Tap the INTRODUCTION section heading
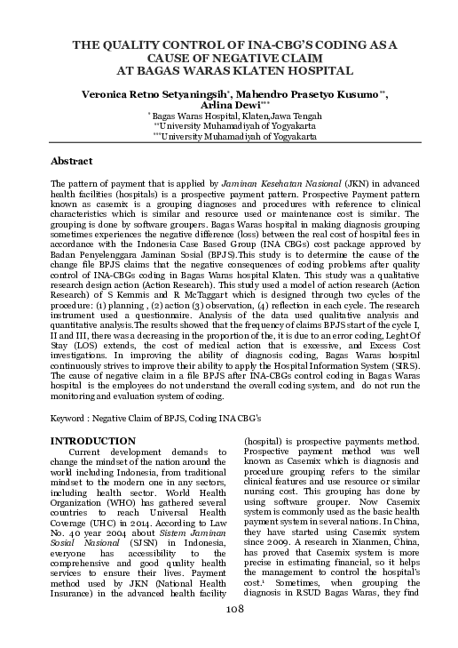coord(95,440)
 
